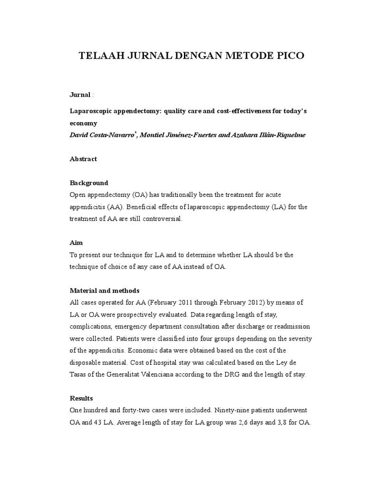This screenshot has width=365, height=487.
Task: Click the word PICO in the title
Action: [287, 56]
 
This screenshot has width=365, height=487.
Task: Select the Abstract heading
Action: [83, 159]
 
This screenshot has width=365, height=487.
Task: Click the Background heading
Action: [89, 183]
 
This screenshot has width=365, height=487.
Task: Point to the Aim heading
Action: [76, 243]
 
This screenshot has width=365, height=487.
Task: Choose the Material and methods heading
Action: [105, 290]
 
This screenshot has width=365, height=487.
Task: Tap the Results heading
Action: [81, 398]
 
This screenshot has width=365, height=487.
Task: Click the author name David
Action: [79, 135]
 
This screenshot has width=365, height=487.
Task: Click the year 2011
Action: [191, 302]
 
